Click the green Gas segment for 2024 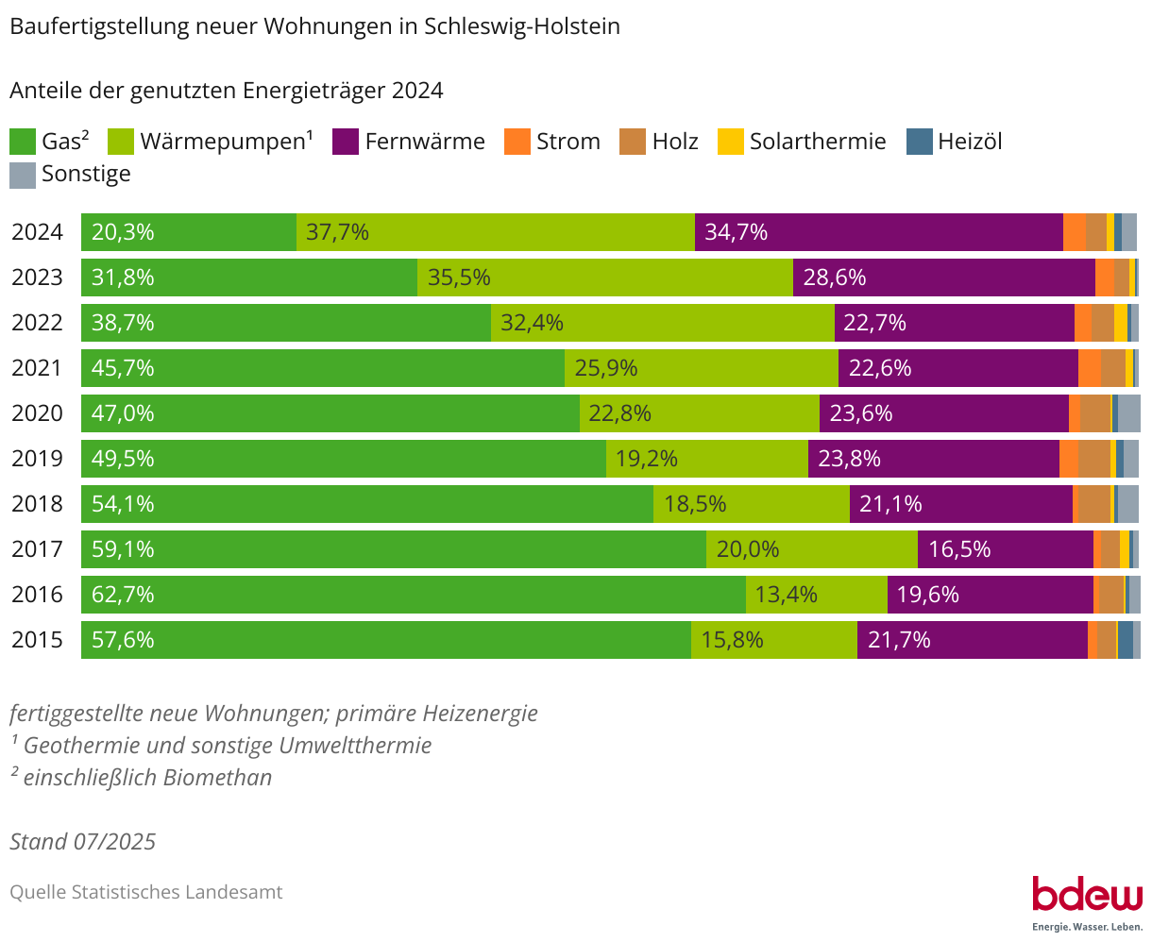click(x=189, y=232)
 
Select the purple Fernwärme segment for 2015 click(x=973, y=640)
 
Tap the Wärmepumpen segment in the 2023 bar click(x=604, y=278)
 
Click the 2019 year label click(x=37, y=459)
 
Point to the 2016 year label click(x=37, y=595)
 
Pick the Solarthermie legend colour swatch click(x=731, y=142)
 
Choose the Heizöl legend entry click(x=955, y=142)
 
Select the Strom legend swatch click(x=517, y=142)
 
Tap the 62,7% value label click(x=123, y=595)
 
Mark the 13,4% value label click(x=787, y=595)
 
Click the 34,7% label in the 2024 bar click(x=736, y=232)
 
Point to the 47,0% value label click(x=123, y=413)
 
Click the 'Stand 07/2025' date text click(x=83, y=841)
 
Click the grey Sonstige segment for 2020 click(x=1129, y=413)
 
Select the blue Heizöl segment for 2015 click(x=1126, y=640)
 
